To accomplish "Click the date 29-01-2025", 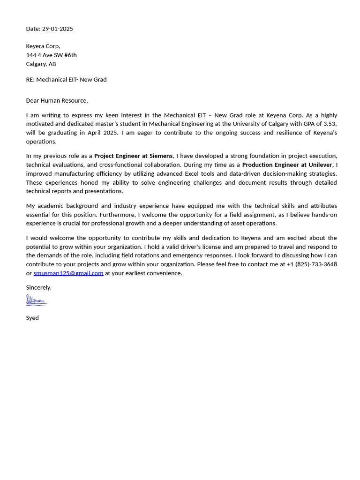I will tap(57, 29).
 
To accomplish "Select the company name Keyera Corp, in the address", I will tap(43, 46).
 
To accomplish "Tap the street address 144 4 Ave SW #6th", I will tap(51, 55).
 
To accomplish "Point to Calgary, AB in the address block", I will tap(41, 64).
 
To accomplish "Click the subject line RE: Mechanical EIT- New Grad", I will tap(66, 80).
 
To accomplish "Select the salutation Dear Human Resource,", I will tap(57, 100).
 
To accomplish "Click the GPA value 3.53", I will tap(330, 124).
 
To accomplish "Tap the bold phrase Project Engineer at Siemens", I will tap(133, 156).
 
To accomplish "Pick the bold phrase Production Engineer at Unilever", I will tap(287, 165).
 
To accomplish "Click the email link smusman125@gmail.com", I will tap(68, 273).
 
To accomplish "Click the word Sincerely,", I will tap(38, 287).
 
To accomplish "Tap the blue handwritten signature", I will tap(37, 300).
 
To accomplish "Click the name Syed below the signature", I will tap(32, 318).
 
